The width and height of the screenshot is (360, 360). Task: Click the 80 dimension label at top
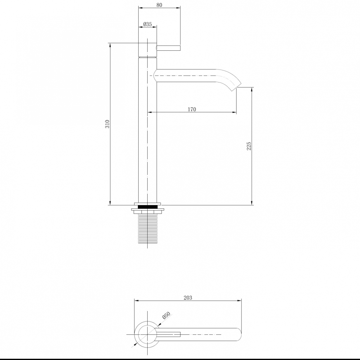click(159, 5)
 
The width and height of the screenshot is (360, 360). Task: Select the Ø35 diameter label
click(148, 24)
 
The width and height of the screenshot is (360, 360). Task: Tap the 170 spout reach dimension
click(192, 109)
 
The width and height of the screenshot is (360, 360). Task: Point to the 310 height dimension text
click(107, 125)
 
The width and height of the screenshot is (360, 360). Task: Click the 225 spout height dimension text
click(249, 146)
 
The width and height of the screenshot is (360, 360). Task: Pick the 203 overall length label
click(188, 297)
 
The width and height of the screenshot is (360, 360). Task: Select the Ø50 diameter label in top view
click(166, 316)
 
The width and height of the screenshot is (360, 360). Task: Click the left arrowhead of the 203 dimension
click(136, 301)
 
